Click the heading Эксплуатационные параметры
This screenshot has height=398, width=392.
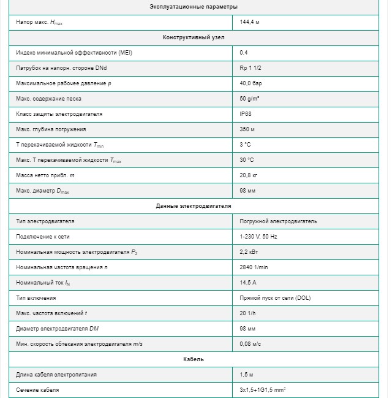click(194, 7)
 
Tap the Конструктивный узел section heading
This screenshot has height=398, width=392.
click(194, 37)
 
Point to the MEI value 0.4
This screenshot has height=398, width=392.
click(244, 53)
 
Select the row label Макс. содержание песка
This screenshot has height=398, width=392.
click(48, 99)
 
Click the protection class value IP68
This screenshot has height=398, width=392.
click(245, 114)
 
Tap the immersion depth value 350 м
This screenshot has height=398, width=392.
click(247, 129)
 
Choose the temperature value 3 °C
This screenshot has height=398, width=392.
click(246, 145)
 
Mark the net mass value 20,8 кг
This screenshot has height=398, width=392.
click(249, 175)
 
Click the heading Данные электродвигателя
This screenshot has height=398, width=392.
click(194, 206)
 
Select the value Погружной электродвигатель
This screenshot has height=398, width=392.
click(278, 221)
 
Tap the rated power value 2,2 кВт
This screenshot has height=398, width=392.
click(249, 252)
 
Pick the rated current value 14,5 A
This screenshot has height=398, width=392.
click(248, 283)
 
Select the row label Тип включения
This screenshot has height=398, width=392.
click(36, 298)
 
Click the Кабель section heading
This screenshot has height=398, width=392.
click(194, 359)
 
